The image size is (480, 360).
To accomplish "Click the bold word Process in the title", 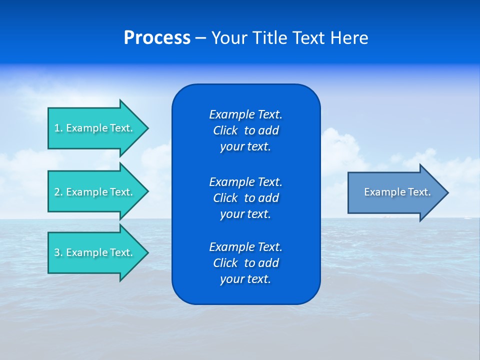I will click(157, 38).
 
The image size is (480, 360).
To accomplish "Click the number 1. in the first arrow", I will click(58, 128).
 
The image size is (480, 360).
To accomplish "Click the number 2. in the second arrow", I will click(58, 192).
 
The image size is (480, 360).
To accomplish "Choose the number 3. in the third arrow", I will click(58, 252).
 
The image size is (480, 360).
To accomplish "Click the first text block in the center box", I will click(245, 130).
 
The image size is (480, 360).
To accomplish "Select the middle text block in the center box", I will click(245, 198).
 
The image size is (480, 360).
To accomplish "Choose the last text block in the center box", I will click(245, 263).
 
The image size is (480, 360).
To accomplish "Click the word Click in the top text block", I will click(225, 130).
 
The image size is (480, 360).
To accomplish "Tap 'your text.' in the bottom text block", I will click(245, 279).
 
